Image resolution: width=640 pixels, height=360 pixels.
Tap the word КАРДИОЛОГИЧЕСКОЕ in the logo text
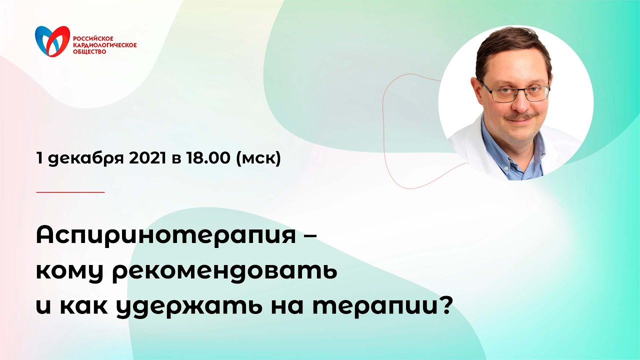click(x=104, y=45)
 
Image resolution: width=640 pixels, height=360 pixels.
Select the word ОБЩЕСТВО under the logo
click(x=89, y=51)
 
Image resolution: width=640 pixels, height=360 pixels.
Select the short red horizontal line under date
click(x=70, y=192)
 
